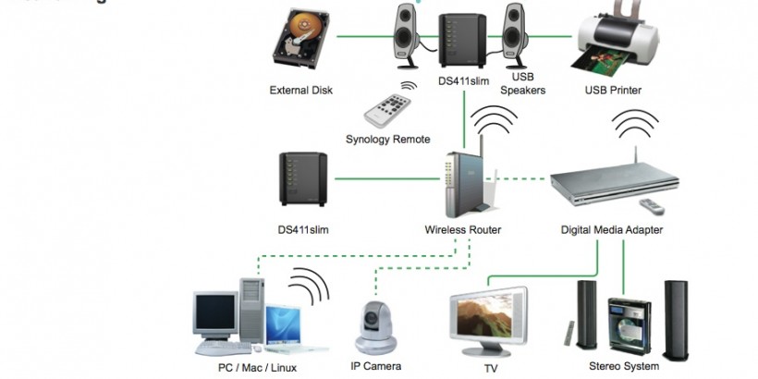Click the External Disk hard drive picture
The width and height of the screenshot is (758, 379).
point(301,42)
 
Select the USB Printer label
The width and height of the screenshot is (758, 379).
point(613,91)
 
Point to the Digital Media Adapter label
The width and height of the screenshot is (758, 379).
point(612,229)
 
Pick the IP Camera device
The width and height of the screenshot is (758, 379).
point(376,323)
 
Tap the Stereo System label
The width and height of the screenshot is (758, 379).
point(625,366)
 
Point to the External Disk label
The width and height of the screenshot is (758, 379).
point(301,91)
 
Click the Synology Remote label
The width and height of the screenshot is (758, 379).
point(387,140)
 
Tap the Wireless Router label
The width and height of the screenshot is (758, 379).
point(462,229)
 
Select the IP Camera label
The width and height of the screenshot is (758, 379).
point(375,367)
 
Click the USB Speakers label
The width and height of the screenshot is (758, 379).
point(522,84)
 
